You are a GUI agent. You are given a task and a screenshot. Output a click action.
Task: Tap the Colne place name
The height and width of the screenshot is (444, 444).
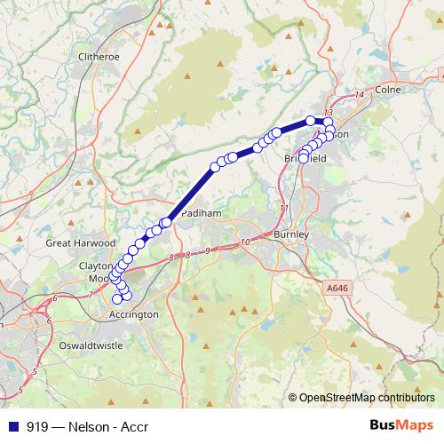(x=388, y=90)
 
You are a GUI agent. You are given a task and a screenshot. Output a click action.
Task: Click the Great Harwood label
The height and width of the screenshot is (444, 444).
(x=81, y=242)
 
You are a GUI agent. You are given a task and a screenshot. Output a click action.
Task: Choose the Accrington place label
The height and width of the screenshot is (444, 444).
(x=133, y=314)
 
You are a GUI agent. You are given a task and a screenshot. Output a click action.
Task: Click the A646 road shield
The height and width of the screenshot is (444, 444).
(x=337, y=287)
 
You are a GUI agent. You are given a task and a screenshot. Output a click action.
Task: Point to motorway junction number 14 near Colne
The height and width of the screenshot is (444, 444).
(x=359, y=95)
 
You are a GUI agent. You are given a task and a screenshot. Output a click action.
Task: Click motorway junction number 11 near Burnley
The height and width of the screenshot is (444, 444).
(x=284, y=208)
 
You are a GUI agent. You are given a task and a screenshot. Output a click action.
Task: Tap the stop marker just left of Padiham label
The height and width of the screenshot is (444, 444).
(x=165, y=222)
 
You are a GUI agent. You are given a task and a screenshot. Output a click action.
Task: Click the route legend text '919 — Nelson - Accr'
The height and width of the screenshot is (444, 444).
(x=87, y=426)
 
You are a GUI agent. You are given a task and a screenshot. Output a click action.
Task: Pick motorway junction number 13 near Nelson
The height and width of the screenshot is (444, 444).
(x=328, y=111)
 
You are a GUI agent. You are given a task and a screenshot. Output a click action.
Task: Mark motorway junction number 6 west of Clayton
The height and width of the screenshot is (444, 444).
(x=55, y=298)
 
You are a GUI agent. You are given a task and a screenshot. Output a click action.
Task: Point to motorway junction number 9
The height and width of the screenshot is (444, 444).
(x=206, y=251)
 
